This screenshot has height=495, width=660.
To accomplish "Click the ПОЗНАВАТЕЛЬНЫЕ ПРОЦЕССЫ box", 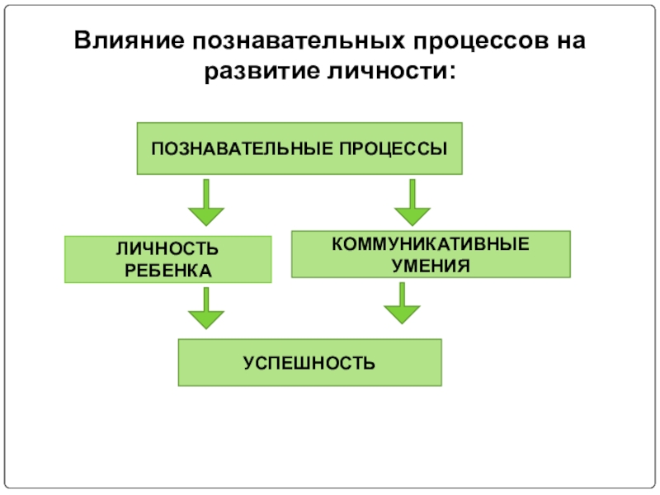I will coord(299,148).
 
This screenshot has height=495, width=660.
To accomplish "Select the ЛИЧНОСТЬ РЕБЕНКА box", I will coord(168,259).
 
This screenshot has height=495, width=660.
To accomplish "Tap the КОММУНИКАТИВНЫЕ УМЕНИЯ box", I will coord(431,254).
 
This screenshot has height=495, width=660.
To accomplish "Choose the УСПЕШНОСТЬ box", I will coord(309,362).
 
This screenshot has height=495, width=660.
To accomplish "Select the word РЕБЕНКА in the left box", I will coord(167,270).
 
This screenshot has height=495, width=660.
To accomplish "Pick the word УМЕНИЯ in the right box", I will coord(431,266).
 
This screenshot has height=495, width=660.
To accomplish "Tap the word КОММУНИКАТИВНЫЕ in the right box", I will coord(431,245).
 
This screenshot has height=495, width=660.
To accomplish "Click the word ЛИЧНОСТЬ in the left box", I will coord(167,249).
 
